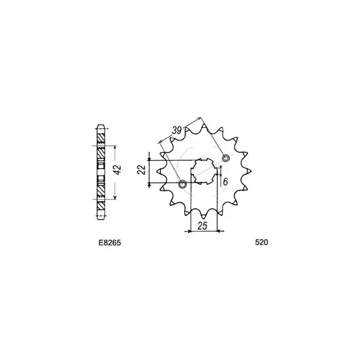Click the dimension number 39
(x=177, y=130)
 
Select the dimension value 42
(x=118, y=170)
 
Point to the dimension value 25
(x=203, y=226)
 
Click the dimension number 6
(x=225, y=182)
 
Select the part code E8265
(x=110, y=242)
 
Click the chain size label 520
(x=261, y=242)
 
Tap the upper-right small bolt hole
(x=226, y=158)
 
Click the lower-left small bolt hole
(x=182, y=184)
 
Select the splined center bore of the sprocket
(x=204, y=171)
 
